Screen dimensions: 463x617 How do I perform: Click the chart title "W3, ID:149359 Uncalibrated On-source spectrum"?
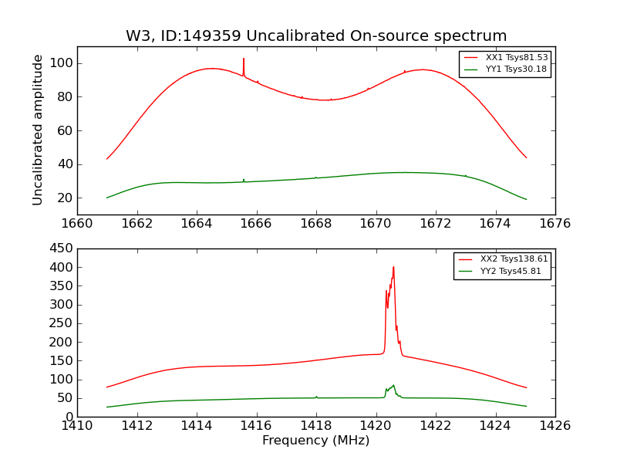[x=316, y=36]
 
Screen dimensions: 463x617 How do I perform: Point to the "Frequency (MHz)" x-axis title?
[x=315, y=441]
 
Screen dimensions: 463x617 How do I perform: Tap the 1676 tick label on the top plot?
[x=555, y=224]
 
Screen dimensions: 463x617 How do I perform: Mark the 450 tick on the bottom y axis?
[x=62, y=248]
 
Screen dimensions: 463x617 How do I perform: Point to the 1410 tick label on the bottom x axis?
[x=77, y=425]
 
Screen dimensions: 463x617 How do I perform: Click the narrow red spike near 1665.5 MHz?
[x=244, y=60]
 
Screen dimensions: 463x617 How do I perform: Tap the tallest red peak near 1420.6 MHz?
[x=393, y=268]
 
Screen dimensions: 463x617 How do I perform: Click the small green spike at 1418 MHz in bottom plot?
[x=316, y=397]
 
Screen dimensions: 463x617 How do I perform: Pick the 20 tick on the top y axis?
[x=66, y=198]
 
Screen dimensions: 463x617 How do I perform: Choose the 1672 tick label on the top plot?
[x=435, y=224]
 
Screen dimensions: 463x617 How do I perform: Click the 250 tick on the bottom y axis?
[x=62, y=323]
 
